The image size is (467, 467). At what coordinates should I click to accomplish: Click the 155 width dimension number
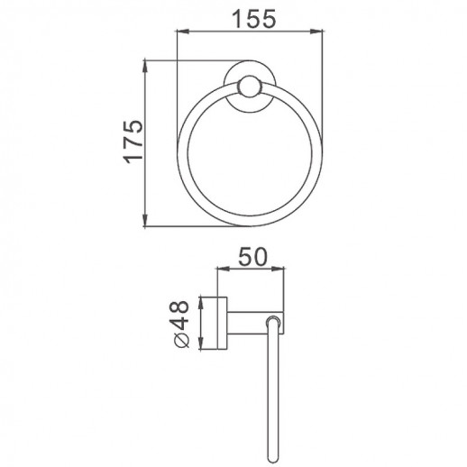248,18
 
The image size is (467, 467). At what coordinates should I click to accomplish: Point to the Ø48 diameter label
179,322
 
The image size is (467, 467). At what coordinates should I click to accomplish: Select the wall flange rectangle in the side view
217,322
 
